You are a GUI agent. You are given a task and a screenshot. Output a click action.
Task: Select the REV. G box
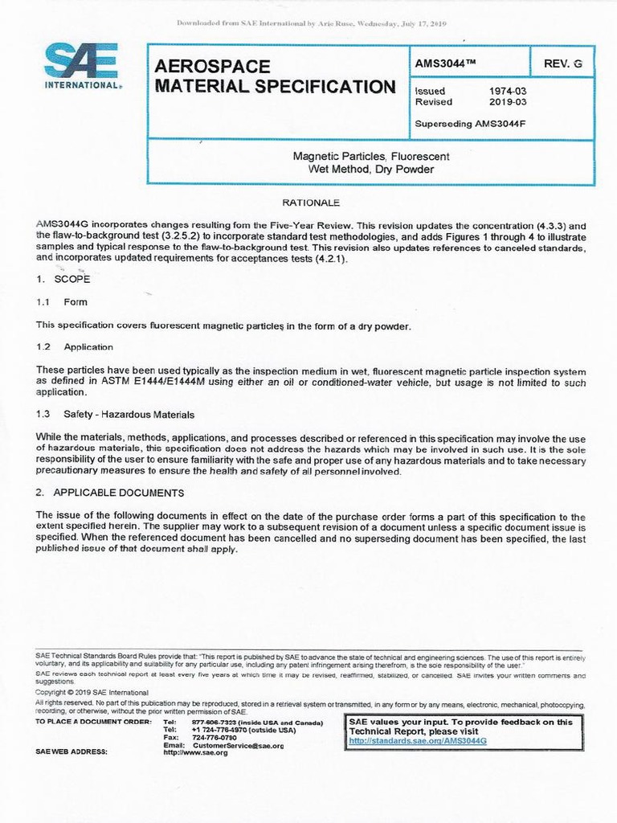(562, 62)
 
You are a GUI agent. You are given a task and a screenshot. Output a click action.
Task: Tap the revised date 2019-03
(507, 102)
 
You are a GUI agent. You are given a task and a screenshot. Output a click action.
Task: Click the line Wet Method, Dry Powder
(370, 170)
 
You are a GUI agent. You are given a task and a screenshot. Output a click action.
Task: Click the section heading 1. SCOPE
(63, 280)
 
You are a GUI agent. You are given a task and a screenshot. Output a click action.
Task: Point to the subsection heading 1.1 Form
(62, 302)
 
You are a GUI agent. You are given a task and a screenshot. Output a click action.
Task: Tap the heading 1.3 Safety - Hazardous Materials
(115, 414)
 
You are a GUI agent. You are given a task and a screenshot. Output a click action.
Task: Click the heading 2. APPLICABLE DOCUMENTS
(110, 492)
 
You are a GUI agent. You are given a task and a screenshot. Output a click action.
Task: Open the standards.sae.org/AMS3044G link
(417, 739)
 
